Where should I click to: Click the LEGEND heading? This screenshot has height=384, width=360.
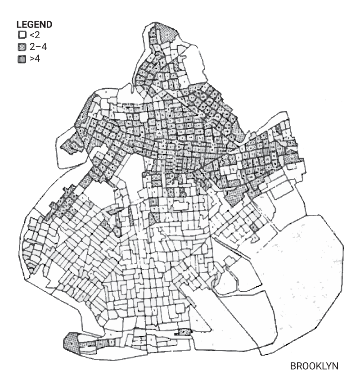[x=35, y=24]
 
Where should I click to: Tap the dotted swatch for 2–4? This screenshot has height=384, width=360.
[x=20, y=46]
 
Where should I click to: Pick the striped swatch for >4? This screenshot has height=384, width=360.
[x=20, y=58]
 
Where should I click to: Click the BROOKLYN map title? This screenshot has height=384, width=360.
[x=314, y=366]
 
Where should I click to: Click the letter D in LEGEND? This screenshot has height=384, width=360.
[x=50, y=24]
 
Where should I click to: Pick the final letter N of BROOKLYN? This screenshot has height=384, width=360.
[x=335, y=366]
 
